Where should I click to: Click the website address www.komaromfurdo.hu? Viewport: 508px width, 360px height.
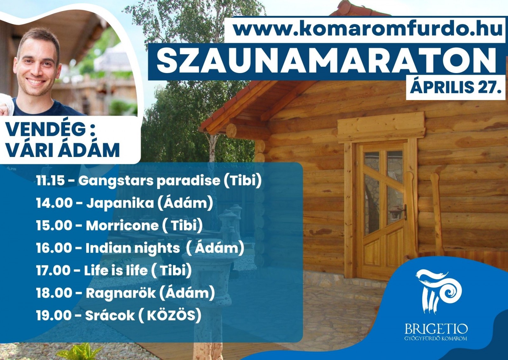point(368,29)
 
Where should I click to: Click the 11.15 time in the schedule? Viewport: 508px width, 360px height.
point(50,181)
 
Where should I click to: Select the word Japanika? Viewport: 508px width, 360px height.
point(120,203)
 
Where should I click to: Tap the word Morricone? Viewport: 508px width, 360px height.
point(122,226)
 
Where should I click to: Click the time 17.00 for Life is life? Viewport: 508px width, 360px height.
point(52,271)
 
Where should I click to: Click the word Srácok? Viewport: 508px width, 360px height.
point(110,316)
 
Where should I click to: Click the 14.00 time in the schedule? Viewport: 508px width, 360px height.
point(53,203)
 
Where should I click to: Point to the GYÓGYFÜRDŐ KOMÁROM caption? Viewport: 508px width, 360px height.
point(436,338)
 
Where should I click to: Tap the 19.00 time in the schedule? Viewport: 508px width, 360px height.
point(53,316)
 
